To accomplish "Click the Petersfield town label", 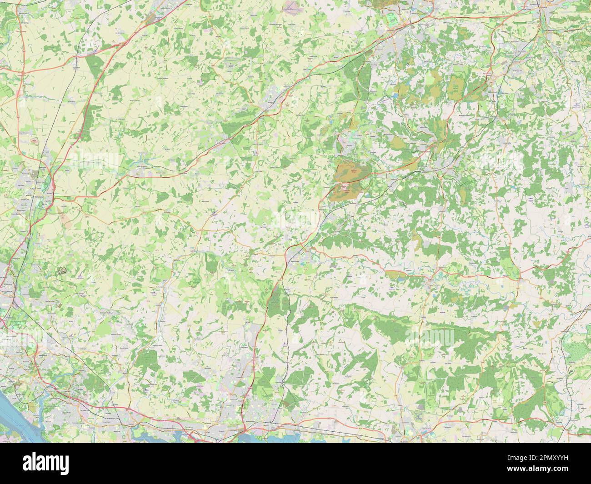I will (x=294, y=262).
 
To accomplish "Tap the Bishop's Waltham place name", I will (x=109, y=313).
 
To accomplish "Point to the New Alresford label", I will (x=145, y=166).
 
